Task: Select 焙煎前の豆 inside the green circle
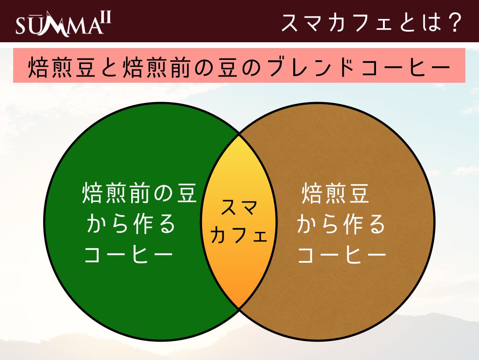point(139,193)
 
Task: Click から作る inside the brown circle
point(341,224)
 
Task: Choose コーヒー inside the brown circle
point(342,254)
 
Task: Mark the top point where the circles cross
point(239,133)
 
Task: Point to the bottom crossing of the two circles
point(239,309)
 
